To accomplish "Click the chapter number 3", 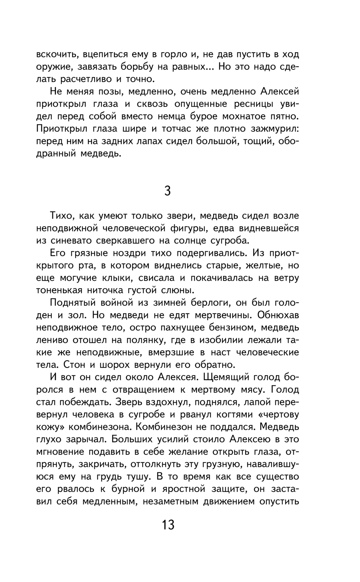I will [167, 191].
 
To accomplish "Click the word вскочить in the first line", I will [57, 55].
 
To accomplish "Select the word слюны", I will [178, 290].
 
